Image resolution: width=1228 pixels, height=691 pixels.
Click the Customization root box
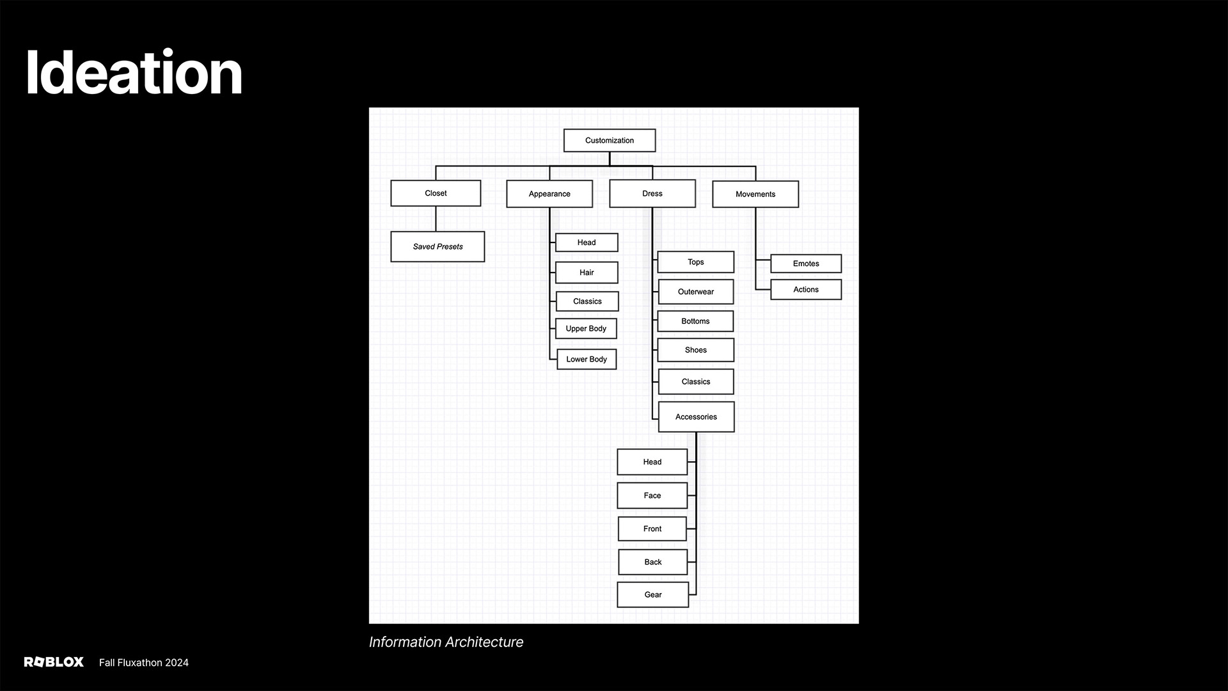click(609, 140)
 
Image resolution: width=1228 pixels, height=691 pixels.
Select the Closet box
click(436, 193)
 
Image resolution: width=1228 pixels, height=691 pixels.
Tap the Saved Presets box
click(437, 246)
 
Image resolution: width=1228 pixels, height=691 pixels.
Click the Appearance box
click(549, 194)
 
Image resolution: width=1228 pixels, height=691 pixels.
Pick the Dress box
click(652, 193)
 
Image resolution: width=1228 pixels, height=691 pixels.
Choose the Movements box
click(755, 194)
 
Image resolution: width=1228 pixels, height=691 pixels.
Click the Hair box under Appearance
click(586, 273)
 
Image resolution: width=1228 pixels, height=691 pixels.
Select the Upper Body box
click(586, 328)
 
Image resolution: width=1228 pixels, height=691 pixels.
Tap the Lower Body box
click(586, 359)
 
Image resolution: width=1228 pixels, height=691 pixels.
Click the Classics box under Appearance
click(587, 301)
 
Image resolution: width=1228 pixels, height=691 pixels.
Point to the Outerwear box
click(696, 292)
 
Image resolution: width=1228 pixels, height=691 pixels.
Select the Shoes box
click(696, 350)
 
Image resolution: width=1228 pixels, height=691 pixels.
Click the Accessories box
click(696, 417)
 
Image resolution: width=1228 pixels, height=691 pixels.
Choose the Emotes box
click(806, 264)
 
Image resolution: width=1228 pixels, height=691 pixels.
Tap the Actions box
click(806, 289)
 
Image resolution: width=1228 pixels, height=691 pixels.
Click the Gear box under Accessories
click(653, 594)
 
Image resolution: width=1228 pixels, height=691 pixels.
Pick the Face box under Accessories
click(652, 495)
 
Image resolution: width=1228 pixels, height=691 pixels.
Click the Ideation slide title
click(134, 73)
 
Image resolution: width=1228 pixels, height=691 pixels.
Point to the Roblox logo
click(54, 662)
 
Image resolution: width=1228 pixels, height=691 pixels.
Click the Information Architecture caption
click(446, 642)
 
